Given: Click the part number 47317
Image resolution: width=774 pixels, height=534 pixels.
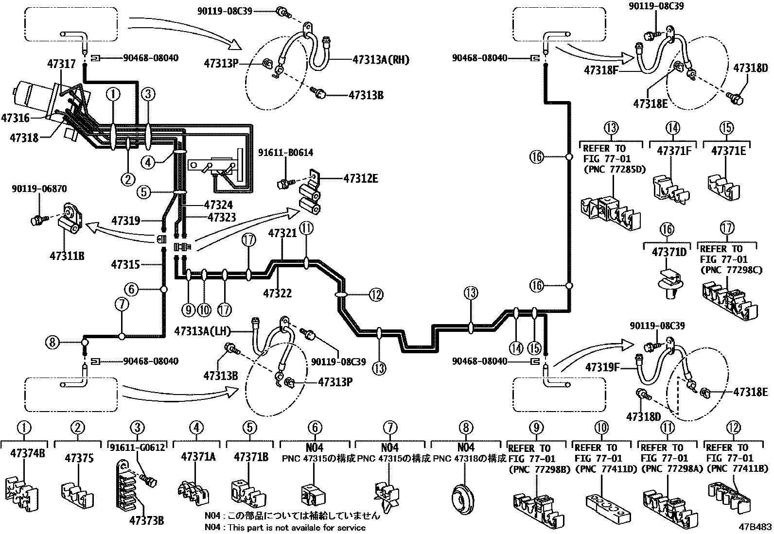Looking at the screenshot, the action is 61,64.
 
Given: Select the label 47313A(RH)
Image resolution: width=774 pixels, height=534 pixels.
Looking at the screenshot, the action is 381,60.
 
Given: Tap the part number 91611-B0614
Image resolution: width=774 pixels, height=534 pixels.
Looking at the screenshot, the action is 285,152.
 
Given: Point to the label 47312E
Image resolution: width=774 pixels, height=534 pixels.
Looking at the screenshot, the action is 361,179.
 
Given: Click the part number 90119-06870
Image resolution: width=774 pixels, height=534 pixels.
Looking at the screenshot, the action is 39,189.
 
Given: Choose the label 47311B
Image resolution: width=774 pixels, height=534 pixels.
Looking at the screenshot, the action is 67,256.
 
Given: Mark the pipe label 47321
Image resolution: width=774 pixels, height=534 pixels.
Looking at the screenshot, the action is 282,234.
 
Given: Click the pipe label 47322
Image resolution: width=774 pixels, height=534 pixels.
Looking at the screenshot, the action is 278,293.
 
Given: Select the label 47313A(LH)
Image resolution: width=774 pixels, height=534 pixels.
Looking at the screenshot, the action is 202,331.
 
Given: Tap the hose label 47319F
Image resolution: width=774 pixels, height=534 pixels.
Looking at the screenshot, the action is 602,367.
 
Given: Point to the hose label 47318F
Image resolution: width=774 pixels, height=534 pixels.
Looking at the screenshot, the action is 601,70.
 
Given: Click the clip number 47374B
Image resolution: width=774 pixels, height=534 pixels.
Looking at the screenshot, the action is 28,453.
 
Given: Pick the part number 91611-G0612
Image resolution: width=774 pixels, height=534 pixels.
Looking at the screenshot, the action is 138,448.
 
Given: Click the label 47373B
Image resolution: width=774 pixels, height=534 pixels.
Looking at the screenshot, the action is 146,520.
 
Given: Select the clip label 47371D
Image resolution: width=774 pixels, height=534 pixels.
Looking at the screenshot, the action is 669,252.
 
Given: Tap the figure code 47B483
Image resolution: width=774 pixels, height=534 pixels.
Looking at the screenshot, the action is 755,527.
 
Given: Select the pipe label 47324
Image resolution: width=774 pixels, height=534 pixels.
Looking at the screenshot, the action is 218,205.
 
